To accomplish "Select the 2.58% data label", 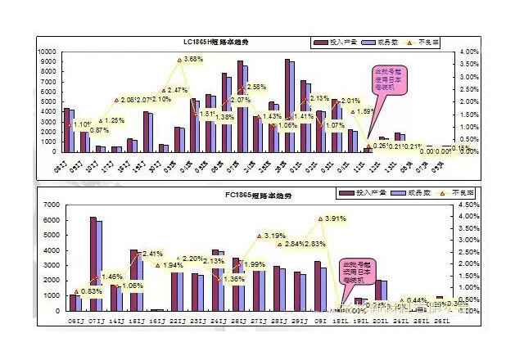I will (255, 87).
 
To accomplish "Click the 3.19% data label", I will (274, 236).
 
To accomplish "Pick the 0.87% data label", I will (99, 130).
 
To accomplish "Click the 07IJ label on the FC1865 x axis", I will (95, 322).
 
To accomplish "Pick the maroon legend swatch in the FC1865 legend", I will (342, 193).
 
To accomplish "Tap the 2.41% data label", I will (153, 254).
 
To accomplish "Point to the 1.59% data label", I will (364, 112).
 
